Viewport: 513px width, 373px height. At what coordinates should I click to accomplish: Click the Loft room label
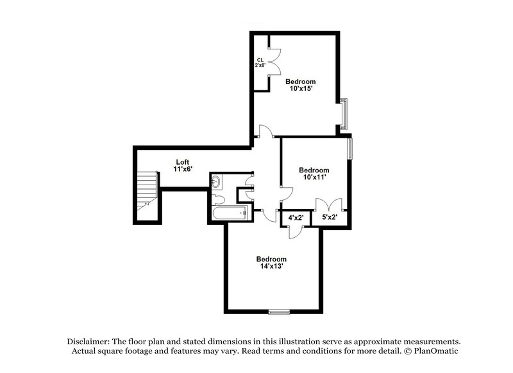click(x=183, y=162)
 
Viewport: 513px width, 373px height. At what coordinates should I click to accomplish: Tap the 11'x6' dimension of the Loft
click(x=183, y=169)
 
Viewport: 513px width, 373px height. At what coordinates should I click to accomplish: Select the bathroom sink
click(x=216, y=183)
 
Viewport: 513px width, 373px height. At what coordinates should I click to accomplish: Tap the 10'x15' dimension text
click(x=300, y=89)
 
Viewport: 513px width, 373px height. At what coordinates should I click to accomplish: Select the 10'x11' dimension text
click(x=315, y=178)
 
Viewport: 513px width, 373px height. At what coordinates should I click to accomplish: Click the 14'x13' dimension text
click(x=271, y=267)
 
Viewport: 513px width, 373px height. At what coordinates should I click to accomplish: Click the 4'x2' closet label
click(x=296, y=218)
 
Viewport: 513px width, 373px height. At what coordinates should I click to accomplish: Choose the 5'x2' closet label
click(x=330, y=218)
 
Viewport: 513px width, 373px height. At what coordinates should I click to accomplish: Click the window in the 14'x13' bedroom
click(x=278, y=312)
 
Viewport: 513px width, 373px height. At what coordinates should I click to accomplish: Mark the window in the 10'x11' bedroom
click(x=350, y=149)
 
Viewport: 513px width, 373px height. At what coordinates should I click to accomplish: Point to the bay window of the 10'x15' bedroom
click(x=345, y=113)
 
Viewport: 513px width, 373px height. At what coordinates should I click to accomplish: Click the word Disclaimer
click(x=89, y=342)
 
